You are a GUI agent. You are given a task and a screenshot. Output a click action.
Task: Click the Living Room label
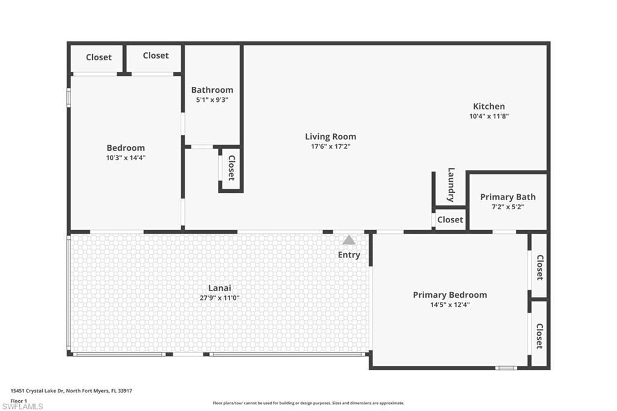(330, 137)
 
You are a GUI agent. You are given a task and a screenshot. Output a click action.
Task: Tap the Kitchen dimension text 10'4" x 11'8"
(489, 116)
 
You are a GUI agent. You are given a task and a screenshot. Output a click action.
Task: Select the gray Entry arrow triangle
(349, 240)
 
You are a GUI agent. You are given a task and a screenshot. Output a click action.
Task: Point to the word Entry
(349, 255)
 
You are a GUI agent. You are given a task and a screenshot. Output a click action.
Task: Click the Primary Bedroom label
(449, 295)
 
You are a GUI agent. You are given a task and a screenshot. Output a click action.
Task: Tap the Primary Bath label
(507, 197)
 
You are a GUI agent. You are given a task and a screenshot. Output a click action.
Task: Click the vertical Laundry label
(451, 185)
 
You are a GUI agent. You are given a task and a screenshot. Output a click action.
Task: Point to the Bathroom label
(212, 90)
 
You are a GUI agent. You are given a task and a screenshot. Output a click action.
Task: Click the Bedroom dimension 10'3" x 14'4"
(125, 158)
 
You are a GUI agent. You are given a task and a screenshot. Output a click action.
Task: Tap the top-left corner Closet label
(98, 57)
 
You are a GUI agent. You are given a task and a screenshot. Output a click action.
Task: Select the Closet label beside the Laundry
(450, 220)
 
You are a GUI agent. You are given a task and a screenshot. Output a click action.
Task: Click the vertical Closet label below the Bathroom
(231, 168)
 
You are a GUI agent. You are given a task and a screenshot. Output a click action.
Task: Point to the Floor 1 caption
(19, 400)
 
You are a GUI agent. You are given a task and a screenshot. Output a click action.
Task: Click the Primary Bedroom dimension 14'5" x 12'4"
(449, 305)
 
